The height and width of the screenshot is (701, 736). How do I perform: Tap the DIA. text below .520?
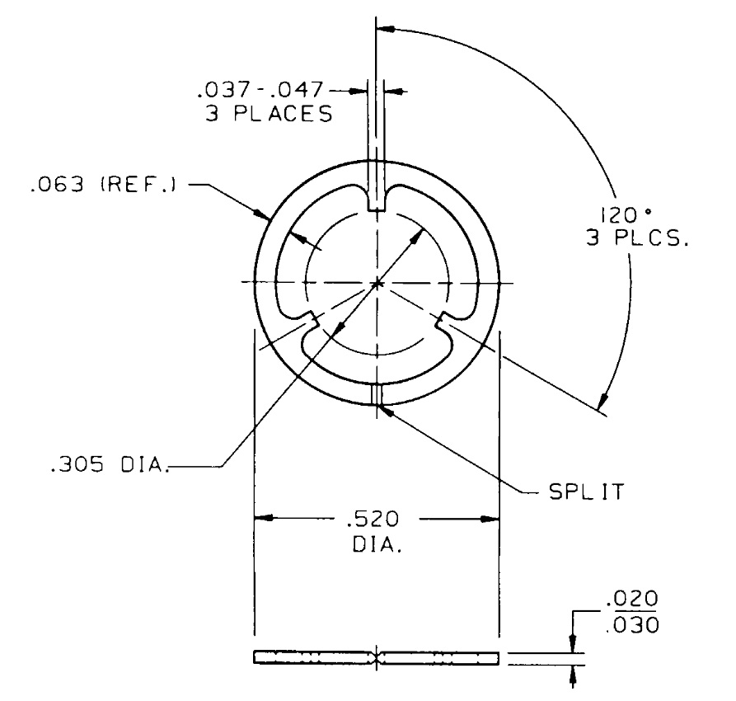[x=376, y=545]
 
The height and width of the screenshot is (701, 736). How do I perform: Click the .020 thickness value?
[x=638, y=597]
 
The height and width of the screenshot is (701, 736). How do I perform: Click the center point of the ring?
[x=377, y=284]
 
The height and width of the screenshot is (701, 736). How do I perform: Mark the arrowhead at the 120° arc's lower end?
[x=602, y=403]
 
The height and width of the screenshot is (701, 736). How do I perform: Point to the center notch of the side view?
[x=377, y=658]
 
